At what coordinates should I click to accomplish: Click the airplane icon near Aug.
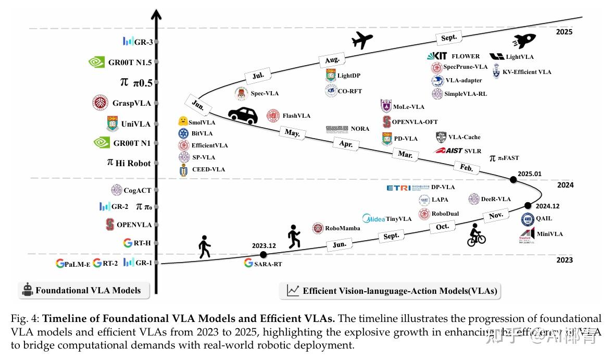pos(362,40)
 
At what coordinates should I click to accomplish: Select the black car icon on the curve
pos(243,116)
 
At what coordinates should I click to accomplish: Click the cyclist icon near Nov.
pos(476,235)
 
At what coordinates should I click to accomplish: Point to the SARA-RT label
pos(269,264)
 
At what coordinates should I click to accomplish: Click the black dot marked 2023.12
pos(263,255)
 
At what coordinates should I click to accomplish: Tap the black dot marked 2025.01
pos(514,180)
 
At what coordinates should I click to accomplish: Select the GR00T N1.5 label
pos(130,63)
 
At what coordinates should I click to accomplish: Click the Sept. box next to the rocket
pos(448,38)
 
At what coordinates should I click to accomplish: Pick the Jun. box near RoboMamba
pos(339,245)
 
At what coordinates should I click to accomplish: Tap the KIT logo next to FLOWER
pos(437,56)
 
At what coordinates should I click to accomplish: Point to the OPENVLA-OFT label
pos(415,122)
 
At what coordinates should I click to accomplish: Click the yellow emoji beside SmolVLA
pos(183,121)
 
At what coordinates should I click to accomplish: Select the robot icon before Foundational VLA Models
pos(28,290)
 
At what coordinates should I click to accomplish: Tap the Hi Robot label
pos(133,163)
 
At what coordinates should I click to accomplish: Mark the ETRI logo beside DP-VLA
pos(399,188)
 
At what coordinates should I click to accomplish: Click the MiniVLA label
pos(549,234)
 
